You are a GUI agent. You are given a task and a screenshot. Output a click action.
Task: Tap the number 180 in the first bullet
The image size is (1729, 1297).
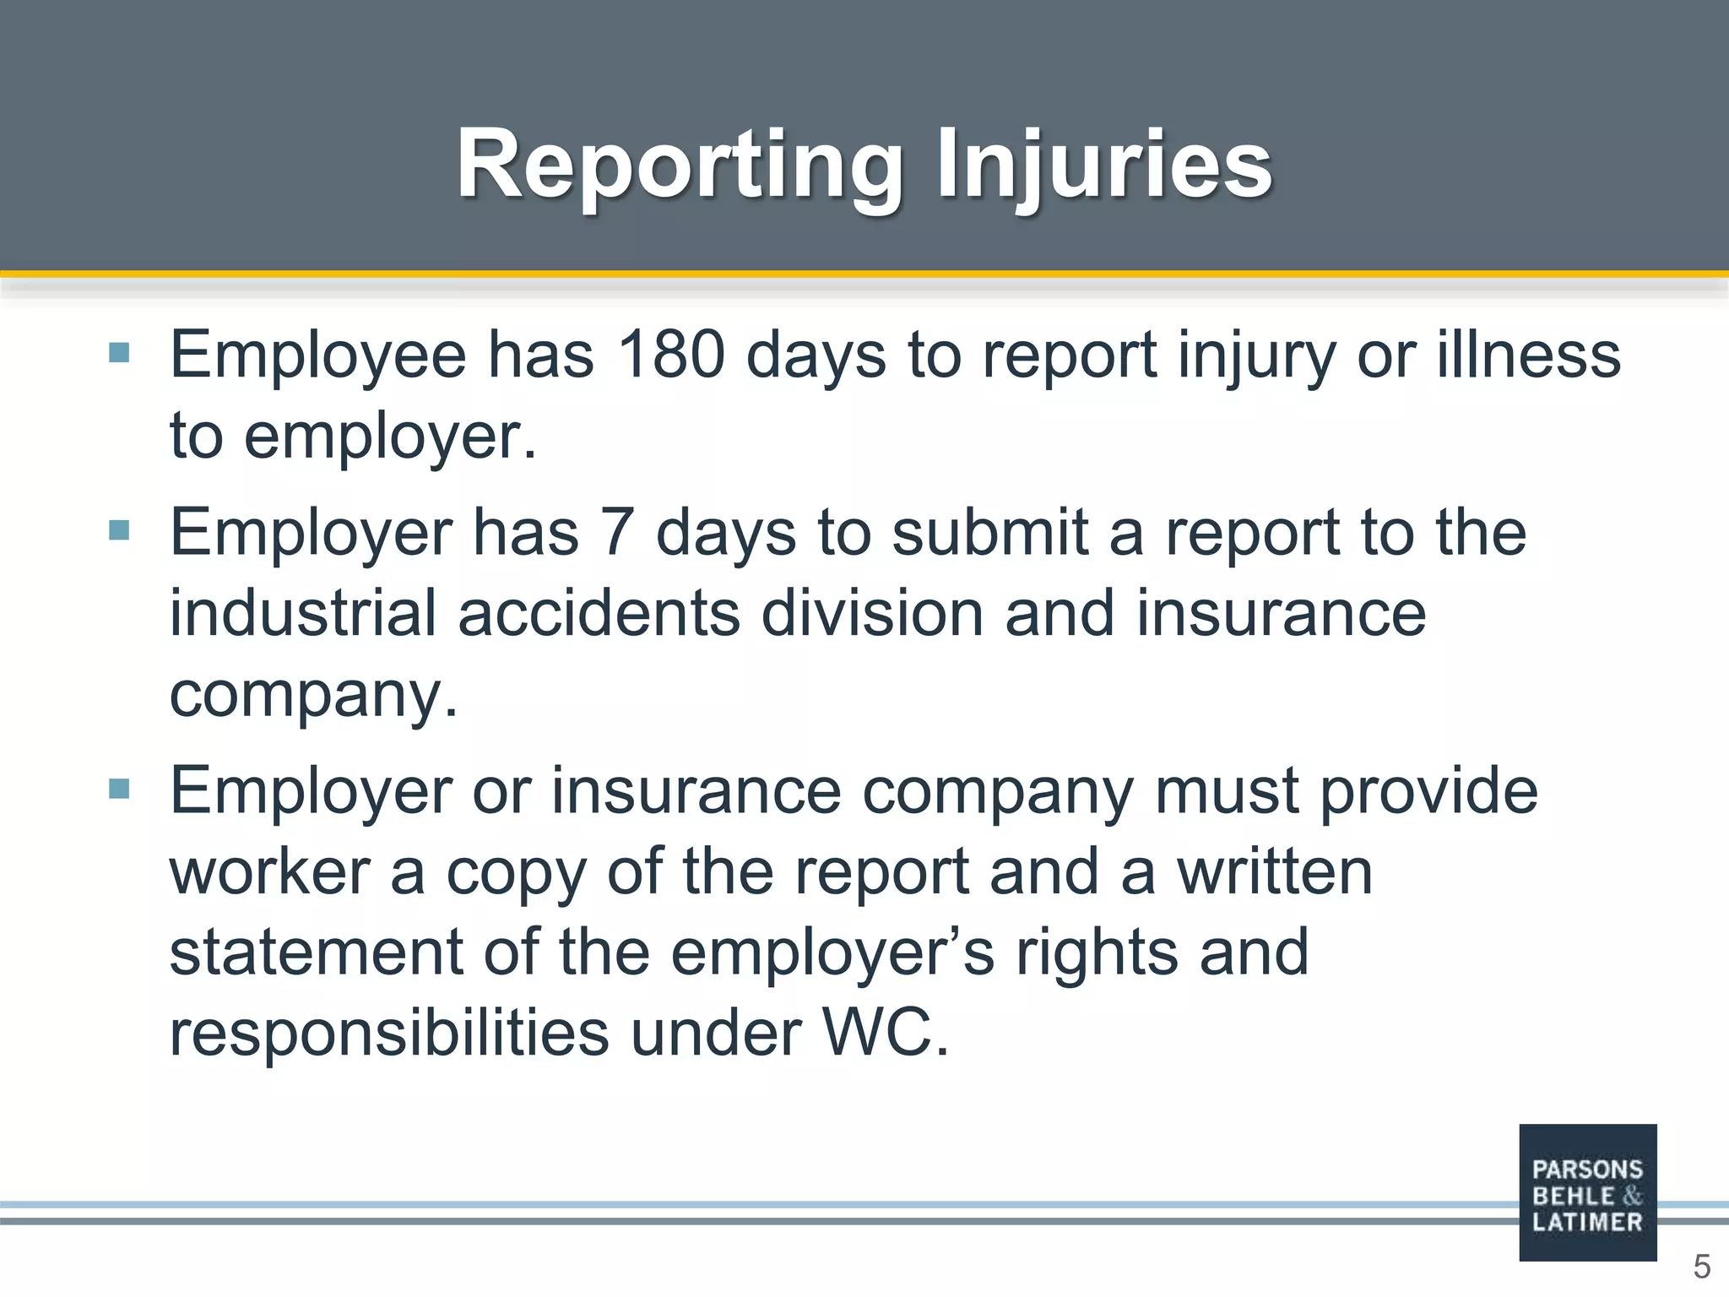[670, 355]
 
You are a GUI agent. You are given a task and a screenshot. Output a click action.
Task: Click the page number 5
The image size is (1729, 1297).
[1701, 1267]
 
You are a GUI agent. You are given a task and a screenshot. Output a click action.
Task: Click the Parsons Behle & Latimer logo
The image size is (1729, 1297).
[1587, 1192]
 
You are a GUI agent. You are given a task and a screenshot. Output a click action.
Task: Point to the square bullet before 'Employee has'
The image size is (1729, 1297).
[119, 352]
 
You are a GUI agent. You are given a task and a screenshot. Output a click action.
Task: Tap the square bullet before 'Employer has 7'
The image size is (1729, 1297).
[119, 530]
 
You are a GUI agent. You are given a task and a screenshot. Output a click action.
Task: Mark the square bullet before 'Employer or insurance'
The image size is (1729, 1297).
[119, 790]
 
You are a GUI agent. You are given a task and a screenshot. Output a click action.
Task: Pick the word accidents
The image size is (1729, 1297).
[599, 613]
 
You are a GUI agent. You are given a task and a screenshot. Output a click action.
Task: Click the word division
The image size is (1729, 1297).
[872, 613]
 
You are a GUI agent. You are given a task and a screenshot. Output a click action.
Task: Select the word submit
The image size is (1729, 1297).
[989, 533]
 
